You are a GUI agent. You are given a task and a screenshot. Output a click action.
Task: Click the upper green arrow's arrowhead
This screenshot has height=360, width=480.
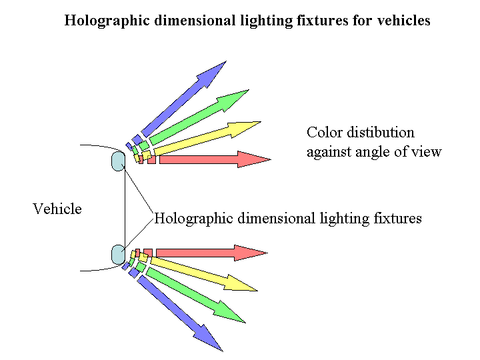[x=237, y=99]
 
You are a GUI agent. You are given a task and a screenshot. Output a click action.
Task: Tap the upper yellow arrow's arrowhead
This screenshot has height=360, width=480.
[x=247, y=127]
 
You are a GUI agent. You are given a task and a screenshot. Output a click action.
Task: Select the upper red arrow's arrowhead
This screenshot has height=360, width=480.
[x=257, y=159]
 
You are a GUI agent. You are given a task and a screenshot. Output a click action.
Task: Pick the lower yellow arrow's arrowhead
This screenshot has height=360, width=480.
[x=244, y=283]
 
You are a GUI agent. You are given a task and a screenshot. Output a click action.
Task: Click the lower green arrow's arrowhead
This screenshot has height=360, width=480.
[x=234, y=312]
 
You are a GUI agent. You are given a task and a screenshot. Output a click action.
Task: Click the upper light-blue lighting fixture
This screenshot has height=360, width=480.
[x=118, y=161]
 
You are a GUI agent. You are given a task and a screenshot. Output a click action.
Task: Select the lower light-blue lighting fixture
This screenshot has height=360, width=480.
[x=118, y=254]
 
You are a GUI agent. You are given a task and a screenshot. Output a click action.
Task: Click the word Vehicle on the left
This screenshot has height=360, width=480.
[x=57, y=209]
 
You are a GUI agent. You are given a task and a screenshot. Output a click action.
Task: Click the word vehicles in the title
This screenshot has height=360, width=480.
[x=404, y=21]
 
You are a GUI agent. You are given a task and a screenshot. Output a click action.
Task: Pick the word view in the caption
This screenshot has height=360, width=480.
[x=427, y=152]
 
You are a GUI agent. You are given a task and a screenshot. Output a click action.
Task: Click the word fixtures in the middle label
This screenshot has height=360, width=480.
[x=397, y=219]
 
